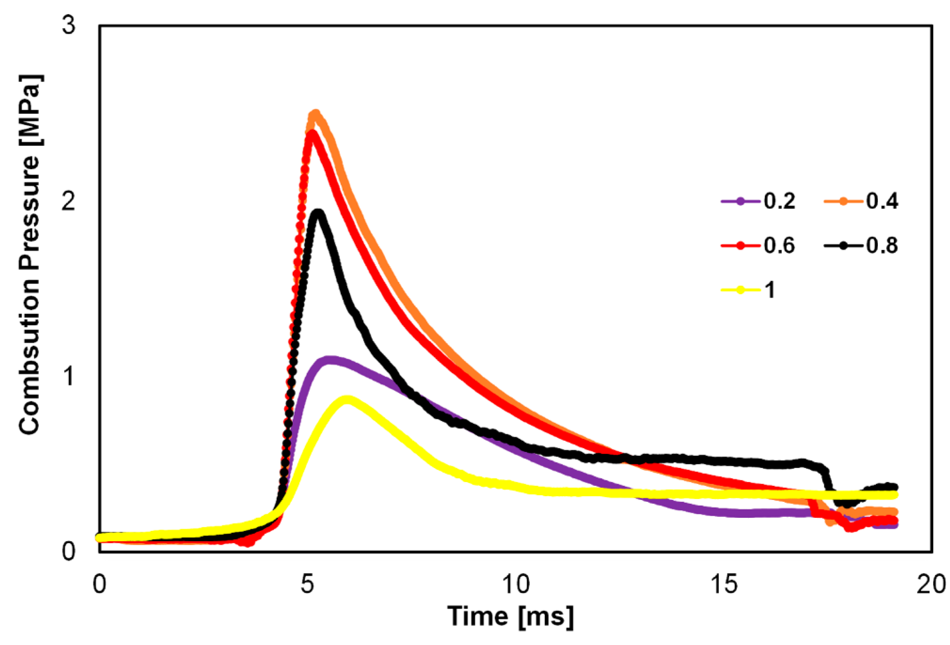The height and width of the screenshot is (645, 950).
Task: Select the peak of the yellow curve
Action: [347, 399]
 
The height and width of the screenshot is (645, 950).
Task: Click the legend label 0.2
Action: [779, 201]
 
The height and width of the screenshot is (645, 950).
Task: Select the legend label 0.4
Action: [882, 201]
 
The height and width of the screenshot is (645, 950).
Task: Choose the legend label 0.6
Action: [779, 245]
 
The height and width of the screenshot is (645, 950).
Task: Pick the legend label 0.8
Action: [882, 245]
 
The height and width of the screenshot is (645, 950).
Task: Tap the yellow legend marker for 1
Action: [739, 290]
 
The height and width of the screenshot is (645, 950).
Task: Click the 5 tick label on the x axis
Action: [307, 584]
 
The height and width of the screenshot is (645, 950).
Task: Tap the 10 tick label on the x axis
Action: [516, 584]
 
